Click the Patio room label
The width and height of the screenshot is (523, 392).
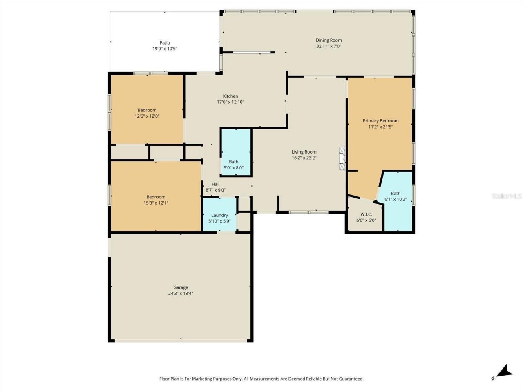(165, 42)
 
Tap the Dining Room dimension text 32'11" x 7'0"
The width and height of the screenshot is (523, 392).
(329, 46)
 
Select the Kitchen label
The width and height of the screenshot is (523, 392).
(230, 96)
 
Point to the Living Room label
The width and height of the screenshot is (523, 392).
(304, 152)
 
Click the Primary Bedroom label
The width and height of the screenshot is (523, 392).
(380, 121)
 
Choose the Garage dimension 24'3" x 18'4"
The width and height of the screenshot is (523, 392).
(181, 293)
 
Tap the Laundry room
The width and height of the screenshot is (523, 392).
(220, 218)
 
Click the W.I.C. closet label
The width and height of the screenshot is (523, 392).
(366, 214)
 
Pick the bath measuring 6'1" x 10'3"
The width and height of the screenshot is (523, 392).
(396, 196)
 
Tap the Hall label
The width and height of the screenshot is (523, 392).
(216, 184)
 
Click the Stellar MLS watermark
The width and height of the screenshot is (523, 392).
(507, 196)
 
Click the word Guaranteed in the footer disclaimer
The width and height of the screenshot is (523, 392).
(351, 379)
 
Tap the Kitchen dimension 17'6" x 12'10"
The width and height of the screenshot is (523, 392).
(230, 102)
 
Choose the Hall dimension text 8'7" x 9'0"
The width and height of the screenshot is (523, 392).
(216, 190)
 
